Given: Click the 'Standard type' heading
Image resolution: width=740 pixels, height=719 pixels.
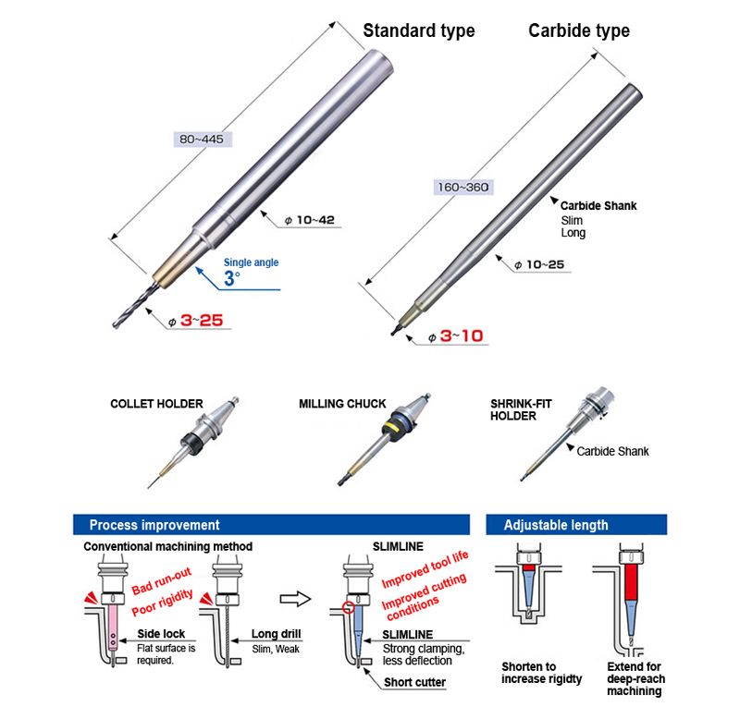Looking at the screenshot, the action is (419, 31).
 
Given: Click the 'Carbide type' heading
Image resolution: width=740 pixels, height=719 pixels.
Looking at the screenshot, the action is (579, 31).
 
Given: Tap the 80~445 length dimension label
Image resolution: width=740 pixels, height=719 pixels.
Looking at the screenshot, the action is (202, 139).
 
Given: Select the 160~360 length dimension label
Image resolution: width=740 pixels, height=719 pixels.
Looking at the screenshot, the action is (463, 188).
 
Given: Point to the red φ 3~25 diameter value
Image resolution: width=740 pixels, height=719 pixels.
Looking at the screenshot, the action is (196, 321).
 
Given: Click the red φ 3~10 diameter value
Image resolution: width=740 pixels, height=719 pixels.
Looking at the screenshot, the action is (456, 336).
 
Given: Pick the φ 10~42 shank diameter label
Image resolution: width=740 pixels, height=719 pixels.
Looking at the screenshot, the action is (310, 220).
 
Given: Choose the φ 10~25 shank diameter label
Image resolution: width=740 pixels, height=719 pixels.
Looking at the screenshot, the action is (539, 264).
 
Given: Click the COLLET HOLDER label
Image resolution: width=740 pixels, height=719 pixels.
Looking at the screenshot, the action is (156, 404).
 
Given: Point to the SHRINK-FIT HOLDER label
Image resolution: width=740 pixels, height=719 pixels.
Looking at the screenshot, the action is (521, 409).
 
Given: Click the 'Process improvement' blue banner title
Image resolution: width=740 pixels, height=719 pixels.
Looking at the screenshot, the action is (154, 525).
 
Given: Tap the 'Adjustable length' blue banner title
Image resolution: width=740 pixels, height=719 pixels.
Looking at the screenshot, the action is (556, 525).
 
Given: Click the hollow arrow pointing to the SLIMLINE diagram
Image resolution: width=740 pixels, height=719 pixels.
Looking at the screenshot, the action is (295, 599).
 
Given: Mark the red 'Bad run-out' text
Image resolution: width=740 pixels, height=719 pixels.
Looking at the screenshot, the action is (161, 581).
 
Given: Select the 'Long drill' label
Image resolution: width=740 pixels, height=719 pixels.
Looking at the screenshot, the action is (276, 634).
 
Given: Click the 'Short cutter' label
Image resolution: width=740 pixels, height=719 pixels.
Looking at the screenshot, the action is (414, 682).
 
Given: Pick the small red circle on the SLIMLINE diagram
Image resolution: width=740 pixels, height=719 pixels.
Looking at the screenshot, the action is (350, 607).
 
